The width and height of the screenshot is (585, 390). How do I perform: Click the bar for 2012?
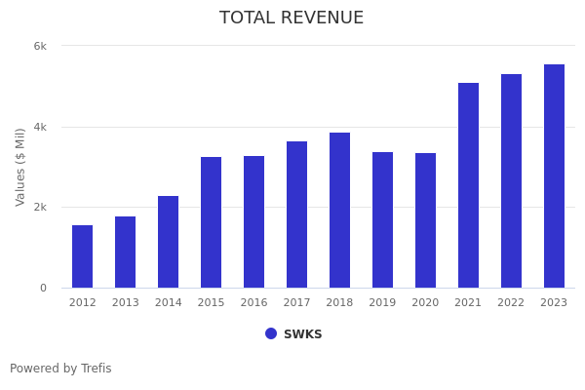82,256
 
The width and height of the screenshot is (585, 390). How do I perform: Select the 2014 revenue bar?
168,242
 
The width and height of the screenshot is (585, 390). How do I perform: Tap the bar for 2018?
339,211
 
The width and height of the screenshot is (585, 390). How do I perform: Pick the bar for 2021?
468,185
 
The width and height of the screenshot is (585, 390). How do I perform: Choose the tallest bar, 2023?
554,176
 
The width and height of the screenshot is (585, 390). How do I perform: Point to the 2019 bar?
382,220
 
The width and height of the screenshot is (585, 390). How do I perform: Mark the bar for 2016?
253,222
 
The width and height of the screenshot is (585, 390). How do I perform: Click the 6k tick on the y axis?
40,46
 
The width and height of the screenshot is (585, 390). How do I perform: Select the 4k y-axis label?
40,127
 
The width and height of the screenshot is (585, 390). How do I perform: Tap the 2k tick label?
40,207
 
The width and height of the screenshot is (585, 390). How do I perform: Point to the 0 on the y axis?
43,288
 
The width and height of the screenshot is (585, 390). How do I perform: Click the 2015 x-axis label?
211,302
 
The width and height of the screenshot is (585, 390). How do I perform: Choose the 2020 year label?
425,302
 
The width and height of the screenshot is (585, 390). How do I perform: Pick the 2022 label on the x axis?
511,302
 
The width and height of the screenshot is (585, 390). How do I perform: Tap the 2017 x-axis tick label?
296,302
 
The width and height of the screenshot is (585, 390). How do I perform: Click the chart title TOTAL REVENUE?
292,19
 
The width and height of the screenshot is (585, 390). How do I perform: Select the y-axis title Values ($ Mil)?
20,167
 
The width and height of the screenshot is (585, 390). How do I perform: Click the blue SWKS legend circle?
271,333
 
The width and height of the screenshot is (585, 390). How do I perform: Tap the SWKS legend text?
302,334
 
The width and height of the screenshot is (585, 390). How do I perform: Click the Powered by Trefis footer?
60,369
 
